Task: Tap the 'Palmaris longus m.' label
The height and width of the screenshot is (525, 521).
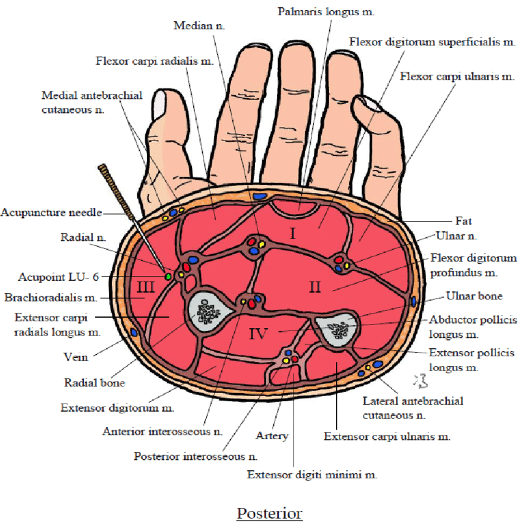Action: [326, 11]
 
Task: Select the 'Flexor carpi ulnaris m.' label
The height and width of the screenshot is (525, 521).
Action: [457, 76]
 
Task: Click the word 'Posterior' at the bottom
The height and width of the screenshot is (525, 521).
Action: [270, 513]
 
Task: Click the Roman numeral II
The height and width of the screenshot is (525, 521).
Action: [315, 287]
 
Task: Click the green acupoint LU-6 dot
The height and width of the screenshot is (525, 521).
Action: [167, 277]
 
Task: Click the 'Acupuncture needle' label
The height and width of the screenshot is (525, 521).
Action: [51, 212]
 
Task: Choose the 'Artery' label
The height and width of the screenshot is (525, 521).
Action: [272, 436]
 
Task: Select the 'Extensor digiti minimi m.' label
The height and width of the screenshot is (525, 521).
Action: [312, 474]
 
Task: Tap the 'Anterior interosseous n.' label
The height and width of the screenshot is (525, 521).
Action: [162, 431]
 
